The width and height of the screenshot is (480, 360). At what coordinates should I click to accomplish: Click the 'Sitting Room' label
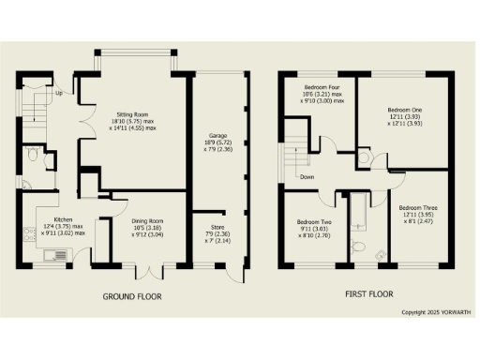tap(131, 110)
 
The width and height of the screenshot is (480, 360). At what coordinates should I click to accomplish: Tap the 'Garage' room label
tap(217, 136)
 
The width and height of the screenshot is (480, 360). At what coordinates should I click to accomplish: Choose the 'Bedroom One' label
tap(406, 109)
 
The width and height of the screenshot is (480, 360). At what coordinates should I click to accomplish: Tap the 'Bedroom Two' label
tap(314, 221)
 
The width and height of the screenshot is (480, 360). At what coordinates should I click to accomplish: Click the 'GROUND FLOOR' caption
tap(131, 297)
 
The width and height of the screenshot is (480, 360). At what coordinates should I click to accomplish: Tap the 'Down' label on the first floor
tap(307, 174)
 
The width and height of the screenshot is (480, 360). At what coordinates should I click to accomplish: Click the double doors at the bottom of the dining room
tap(149, 272)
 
